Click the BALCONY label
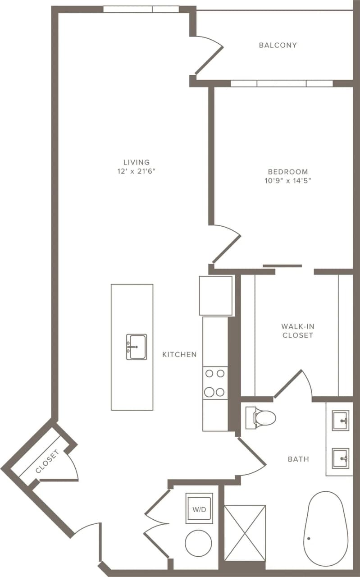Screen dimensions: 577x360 pyautogui.click(x=278, y=45)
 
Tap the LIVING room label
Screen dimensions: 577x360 pyautogui.click(x=137, y=162)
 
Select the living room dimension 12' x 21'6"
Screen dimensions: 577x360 pyautogui.click(x=137, y=171)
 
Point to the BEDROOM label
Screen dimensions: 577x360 pyautogui.click(x=288, y=172)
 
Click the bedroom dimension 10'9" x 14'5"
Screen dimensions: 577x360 pyautogui.click(x=288, y=181)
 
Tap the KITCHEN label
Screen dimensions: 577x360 pyautogui.click(x=179, y=354)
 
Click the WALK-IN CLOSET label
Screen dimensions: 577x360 pyautogui.click(x=297, y=330)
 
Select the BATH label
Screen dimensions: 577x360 pyautogui.click(x=298, y=459)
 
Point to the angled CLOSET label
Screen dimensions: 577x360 pyautogui.click(x=47, y=462)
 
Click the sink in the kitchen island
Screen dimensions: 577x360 pyautogui.click(x=136, y=347)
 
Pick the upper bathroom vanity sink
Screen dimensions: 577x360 pyautogui.click(x=340, y=421)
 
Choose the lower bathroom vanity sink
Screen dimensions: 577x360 pyautogui.click(x=340, y=458)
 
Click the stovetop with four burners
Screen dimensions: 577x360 pyautogui.click(x=215, y=383)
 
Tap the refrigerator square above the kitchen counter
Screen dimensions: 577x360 pyautogui.click(x=216, y=296)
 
